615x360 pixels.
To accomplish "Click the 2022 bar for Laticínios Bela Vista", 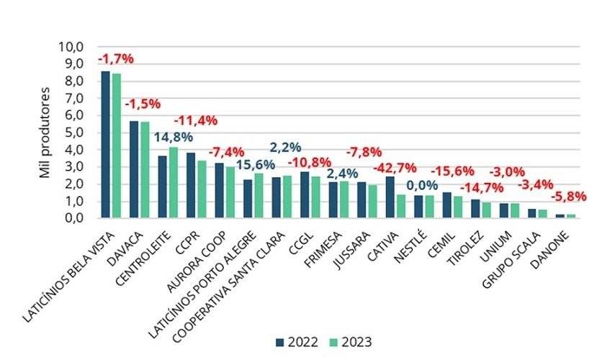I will [105, 144].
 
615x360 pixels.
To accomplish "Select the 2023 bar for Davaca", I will [144, 170].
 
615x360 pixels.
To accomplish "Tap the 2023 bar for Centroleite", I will [173, 182].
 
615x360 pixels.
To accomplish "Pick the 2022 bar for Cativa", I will [390, 197].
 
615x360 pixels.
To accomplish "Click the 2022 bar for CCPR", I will [191, 185].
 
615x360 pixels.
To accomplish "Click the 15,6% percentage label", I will [256, 165].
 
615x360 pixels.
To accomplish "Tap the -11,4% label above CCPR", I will [197, 120].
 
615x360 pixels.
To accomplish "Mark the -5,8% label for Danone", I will [569, 196].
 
